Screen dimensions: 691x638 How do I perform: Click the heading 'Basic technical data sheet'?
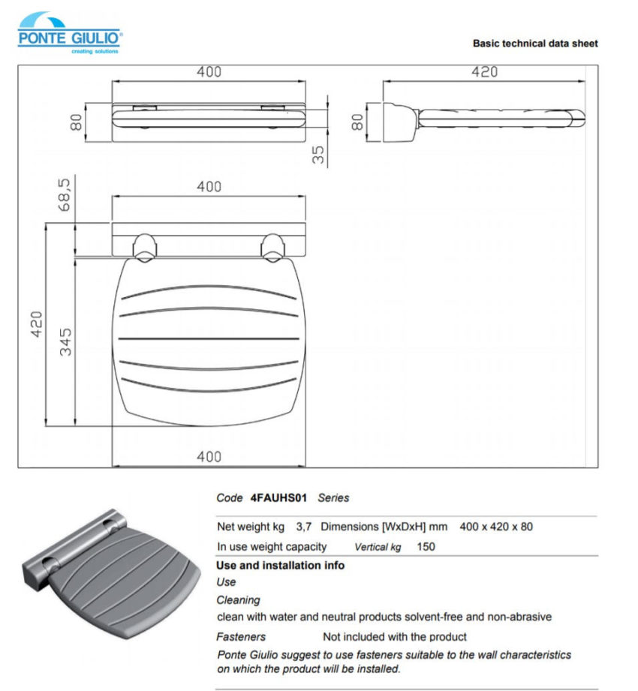click(534, 44)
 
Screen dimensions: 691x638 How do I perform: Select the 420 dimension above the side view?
click(484, 72)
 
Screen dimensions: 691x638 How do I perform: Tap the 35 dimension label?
click(319, 154)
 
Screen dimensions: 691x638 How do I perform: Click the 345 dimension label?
click(65, 341)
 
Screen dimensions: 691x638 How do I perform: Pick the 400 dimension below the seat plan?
click(209, 456)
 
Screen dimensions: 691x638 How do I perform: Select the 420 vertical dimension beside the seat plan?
click(36, 324)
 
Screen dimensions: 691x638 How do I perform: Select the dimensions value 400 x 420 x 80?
click(496, 527)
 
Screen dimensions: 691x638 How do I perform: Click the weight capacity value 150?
click(426, 547)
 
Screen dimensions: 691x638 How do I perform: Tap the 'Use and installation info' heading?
click(280, 565)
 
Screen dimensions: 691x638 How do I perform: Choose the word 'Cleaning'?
click(238, 599)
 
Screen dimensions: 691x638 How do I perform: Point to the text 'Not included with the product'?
click(394, 636)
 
